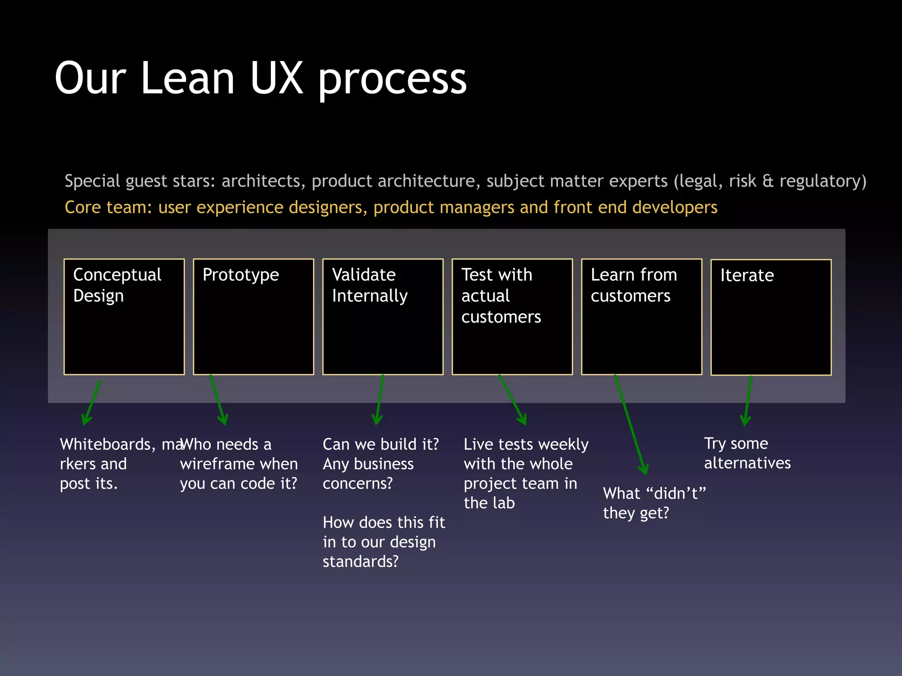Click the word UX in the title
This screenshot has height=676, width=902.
coord(277,78)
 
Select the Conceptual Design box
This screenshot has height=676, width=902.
coord(124,317)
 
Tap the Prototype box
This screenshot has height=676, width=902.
coord(253,317)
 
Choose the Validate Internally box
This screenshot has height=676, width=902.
coord(383,317)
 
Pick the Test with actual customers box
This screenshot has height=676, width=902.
coord(512,317)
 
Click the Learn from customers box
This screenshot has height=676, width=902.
coord(642,317)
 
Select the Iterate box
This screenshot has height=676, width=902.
coord(771,317)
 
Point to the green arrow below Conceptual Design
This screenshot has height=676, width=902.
coord(92,403)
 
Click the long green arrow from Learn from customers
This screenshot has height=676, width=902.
coord(630,425)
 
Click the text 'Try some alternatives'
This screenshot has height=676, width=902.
coord(747,453)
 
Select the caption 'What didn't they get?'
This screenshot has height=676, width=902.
coord(654,503)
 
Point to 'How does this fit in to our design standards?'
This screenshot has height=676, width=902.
coord(383,542)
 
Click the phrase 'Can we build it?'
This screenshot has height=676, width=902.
coord(381,444)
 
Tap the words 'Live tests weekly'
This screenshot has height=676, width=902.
coord(526,444)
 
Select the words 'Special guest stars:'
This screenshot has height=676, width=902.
coord(140,181)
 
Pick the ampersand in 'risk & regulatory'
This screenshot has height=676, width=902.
coord(768,181)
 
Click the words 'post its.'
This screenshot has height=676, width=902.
coord(89,483)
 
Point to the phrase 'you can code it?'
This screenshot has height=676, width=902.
coord(238,483)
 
